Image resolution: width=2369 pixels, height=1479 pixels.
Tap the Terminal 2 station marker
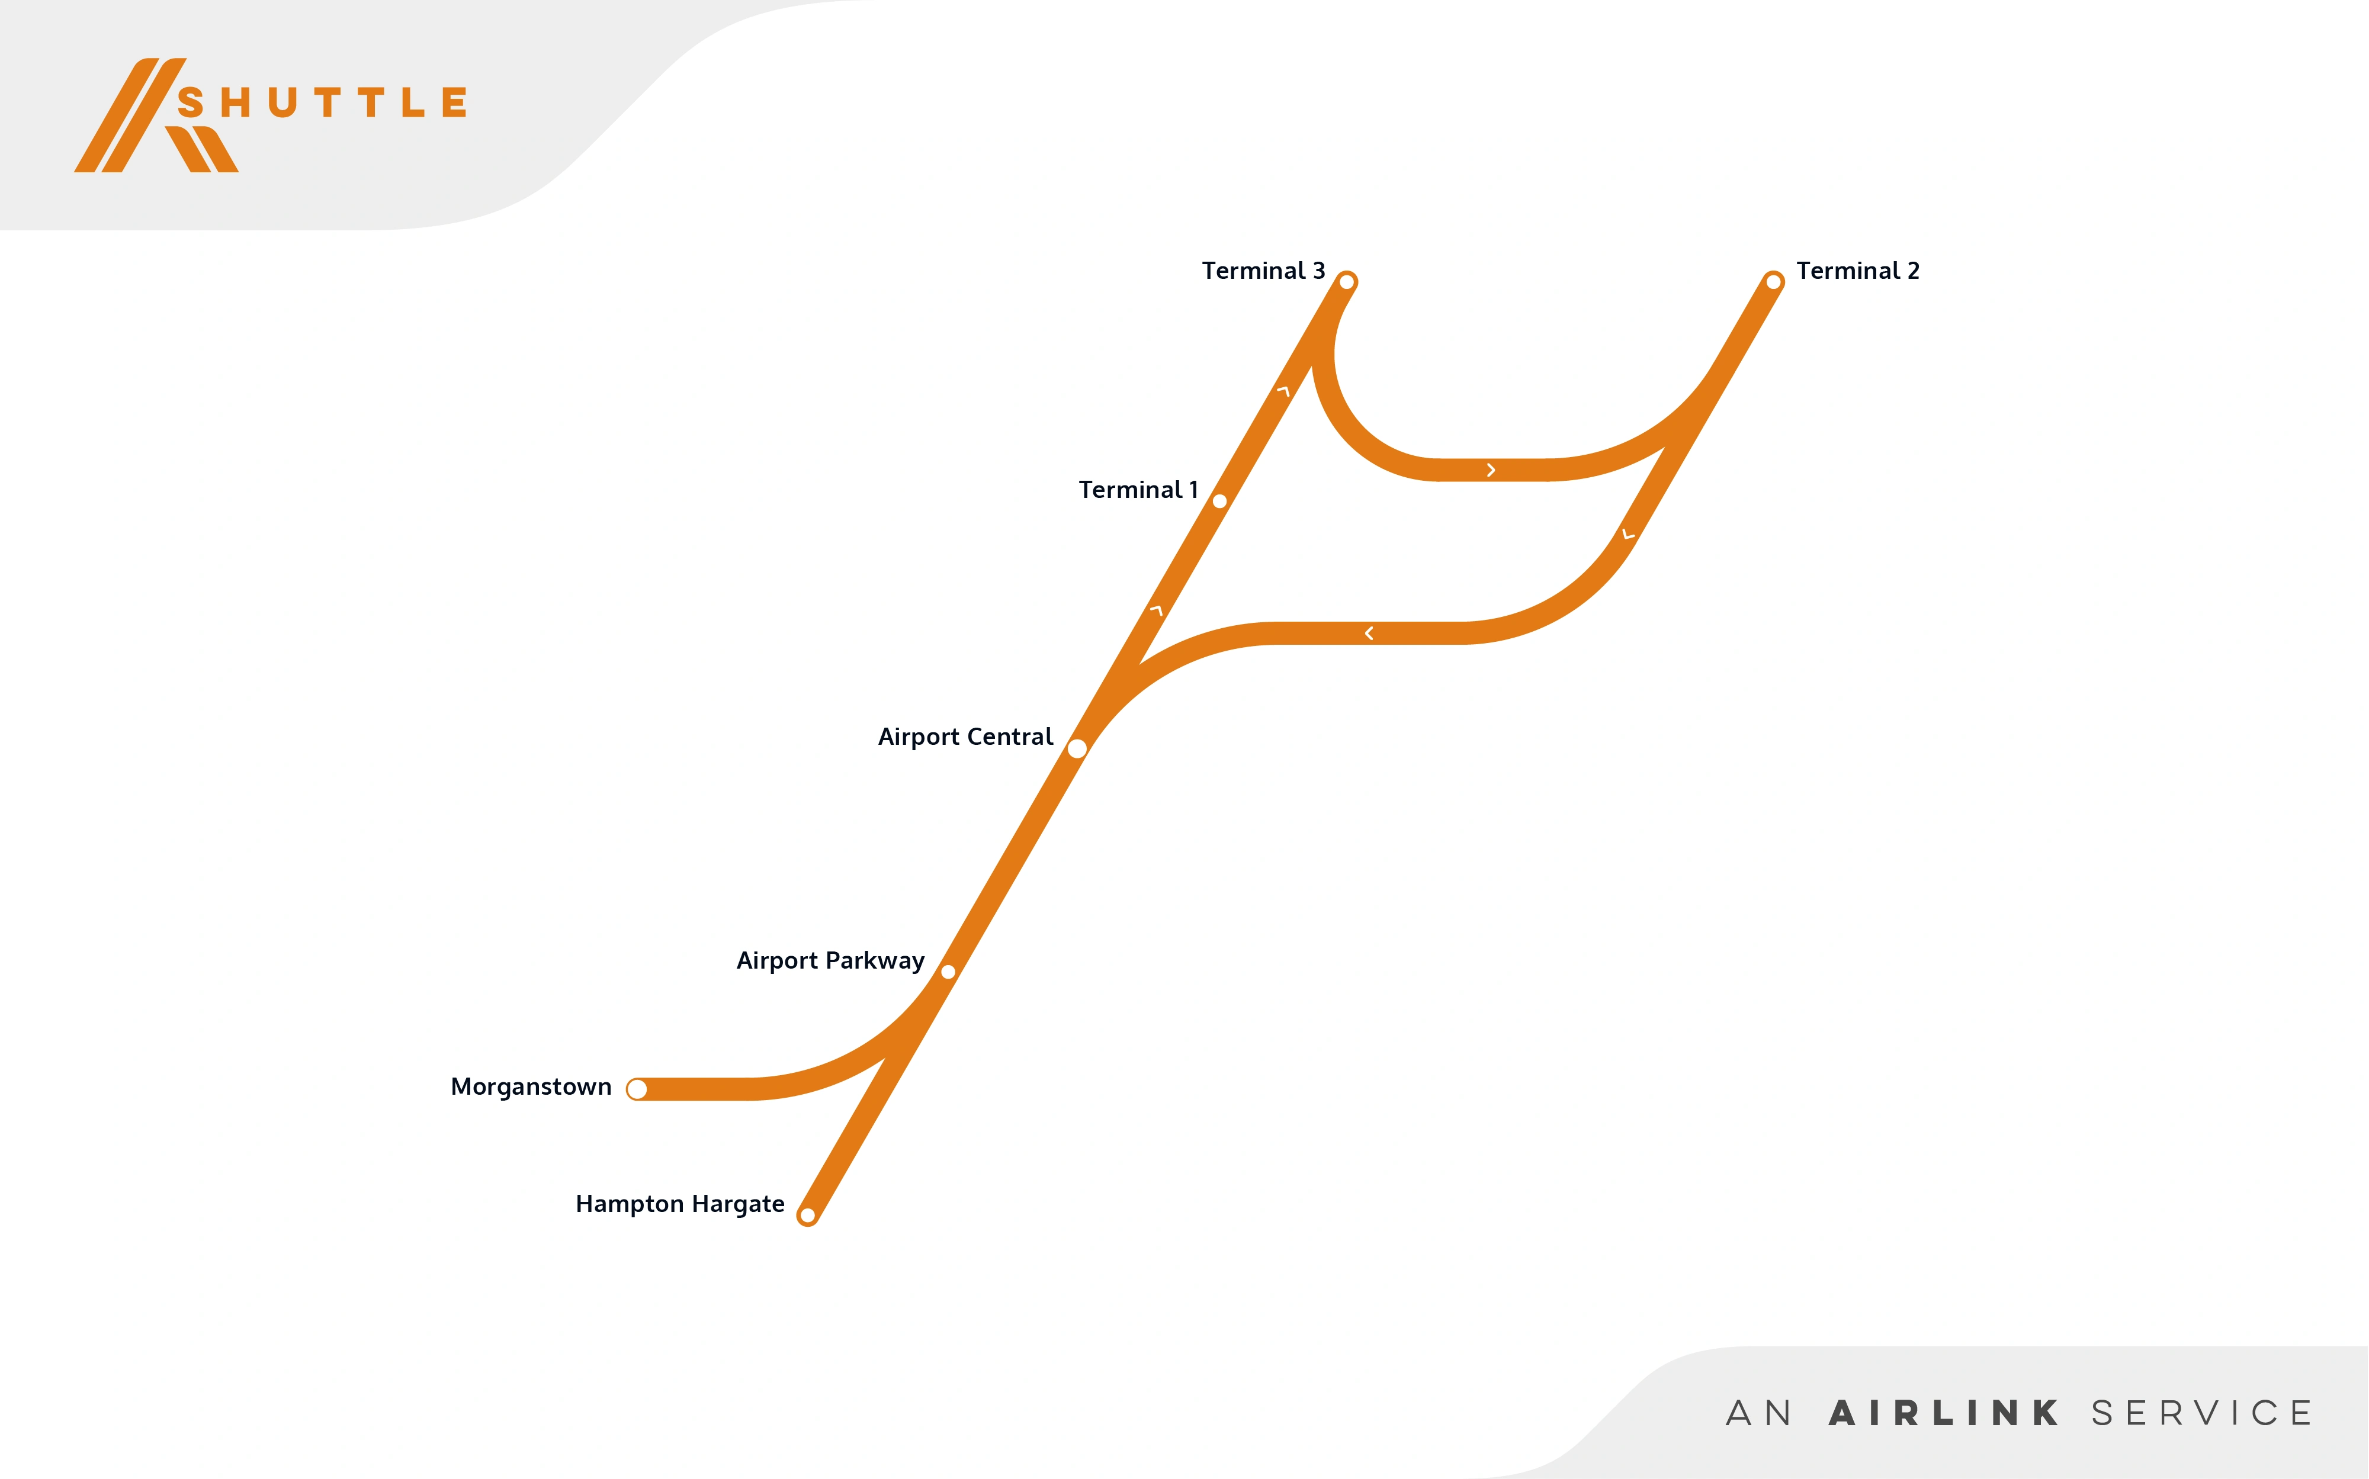[1773, 282]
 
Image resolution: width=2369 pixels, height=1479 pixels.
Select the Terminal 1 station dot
[1219, 501]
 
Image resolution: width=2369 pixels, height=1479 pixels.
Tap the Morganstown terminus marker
[637, 1089]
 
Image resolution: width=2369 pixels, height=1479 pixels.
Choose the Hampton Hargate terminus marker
[807, 1216]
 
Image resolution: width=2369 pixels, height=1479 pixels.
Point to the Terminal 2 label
[1857, 271]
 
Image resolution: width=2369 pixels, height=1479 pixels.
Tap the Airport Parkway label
[830, 960]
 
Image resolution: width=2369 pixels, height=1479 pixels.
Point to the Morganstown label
[530, 1087]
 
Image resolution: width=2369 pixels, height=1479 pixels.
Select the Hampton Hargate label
[679, 1204]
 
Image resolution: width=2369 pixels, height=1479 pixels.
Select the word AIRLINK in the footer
[1943, 1413]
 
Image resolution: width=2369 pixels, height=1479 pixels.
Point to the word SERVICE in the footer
[2201, 1413]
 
